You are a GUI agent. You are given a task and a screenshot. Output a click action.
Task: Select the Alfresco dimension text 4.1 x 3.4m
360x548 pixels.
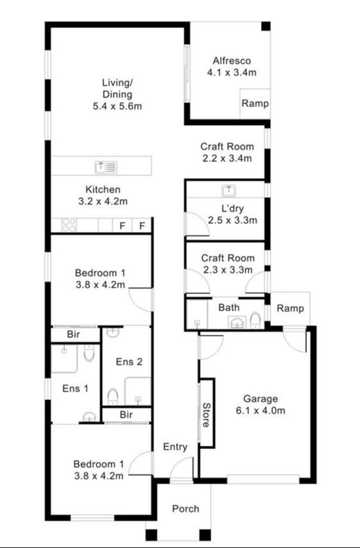click(x=232, y=73)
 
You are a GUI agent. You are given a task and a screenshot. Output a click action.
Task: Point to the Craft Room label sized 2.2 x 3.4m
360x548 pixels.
click(x=227, y=152)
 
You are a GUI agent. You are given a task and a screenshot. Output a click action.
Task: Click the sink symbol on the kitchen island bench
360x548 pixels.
click(x=106, y=167)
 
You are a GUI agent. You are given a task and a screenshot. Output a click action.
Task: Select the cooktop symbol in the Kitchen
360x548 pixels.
click(x=69, y=225)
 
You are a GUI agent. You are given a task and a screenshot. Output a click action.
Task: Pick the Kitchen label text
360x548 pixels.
click(x=103, y=189)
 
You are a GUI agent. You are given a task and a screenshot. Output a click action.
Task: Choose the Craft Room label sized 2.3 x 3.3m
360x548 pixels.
click(x=227, y=263)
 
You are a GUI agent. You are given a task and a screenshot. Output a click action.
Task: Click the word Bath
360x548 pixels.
click(x=229, y=307)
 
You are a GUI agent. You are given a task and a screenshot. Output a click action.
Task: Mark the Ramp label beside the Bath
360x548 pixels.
click(x=290, y=308)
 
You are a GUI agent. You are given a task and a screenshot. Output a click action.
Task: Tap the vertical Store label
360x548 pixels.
click(x=206, y=413)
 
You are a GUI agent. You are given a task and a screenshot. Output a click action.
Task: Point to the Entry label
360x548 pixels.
click(x=174, y=447)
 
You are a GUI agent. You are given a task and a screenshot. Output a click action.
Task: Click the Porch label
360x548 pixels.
click(x=186, y=508)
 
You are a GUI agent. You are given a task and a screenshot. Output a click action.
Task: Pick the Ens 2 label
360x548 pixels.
click(x=128, y=362)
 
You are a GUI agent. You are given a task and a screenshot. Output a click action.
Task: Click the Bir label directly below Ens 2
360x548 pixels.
click(x=126, y=415)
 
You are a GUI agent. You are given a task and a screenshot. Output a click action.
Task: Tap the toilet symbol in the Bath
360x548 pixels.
click(x=255, y=319)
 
